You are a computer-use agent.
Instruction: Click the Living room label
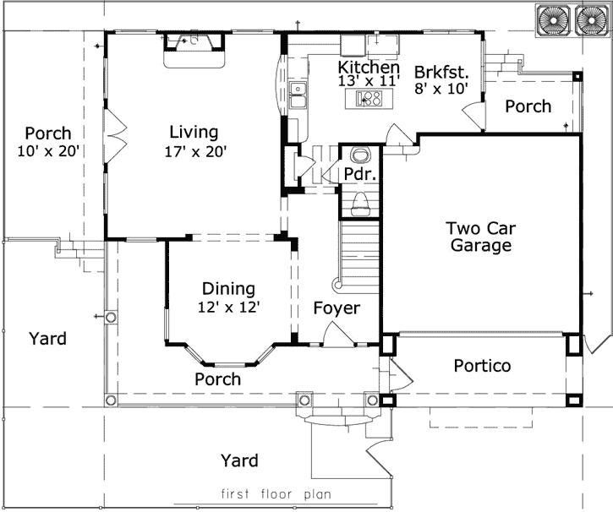pyautogui.click(x=193, y=132)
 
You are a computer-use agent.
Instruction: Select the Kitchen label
pyautogui.click(x=369, y=68)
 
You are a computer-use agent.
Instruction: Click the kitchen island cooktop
pyautogui.click(x=369, y=100)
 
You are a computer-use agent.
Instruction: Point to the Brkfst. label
pyautogui.click(x=441, y=72)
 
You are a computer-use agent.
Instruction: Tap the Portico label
pyautogui.click(x=481, y=366)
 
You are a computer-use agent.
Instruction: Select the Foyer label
pyautogui.click(x=337, y=308)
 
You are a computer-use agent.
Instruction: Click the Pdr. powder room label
pyautogui.click(x=358, y=174)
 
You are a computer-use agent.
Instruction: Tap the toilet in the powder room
pyautogui.click(x=359, y=200)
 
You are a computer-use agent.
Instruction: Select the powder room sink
pyautogui.click(x=359, y=155)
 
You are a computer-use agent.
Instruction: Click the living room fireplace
pyautogui.click(x=194, y=48)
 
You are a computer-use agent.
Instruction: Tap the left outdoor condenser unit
pyautogui.click(x=553, y=20)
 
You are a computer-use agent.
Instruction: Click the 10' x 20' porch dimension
pyautogui.click(x=47, y=152)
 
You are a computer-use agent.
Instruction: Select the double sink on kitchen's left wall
pyautogui.click(x=296, y=96)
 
